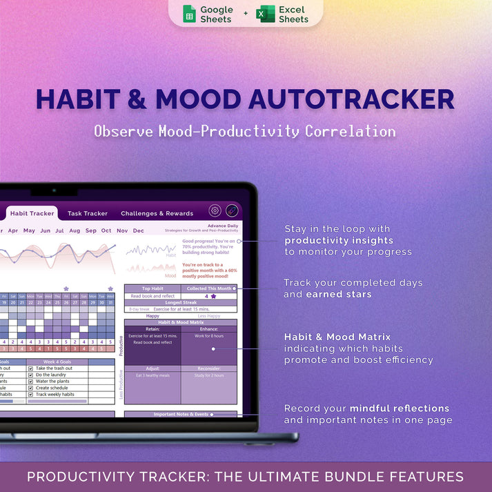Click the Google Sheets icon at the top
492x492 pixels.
pos(189,14)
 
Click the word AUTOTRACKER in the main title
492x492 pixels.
pos(351,99)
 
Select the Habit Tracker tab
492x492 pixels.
pos(32,213)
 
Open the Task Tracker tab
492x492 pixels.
pos(88,213)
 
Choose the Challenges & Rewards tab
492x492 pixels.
pos(157,213)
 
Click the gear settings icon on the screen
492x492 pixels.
pos(215,211)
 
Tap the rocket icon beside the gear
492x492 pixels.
pos(232,211)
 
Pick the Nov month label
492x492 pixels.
pos(122,230)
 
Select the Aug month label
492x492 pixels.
pos(75,230)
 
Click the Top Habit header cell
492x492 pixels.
pos(152,288)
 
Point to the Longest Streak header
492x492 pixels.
pos(180,302)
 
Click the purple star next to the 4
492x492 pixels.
pos(214,296)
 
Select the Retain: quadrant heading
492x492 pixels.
pos(152,329)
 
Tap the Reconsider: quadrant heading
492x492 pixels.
pos(208,368)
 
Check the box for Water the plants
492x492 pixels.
pos(31,381)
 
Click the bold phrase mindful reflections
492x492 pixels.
pos(400,409)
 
